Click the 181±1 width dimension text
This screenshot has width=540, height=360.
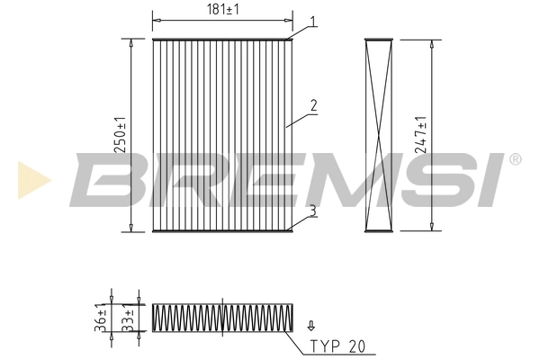coord(222,11)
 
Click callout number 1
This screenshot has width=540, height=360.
coord(312,21)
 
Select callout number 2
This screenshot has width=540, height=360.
coord(312,105)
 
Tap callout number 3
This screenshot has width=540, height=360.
coord(311,210)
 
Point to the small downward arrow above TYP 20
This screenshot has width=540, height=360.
coord(311,327)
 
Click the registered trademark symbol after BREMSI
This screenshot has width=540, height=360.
coord(515,159)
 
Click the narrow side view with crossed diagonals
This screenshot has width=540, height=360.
coord(380,135)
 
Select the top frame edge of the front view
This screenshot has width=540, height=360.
coord(222,39)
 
